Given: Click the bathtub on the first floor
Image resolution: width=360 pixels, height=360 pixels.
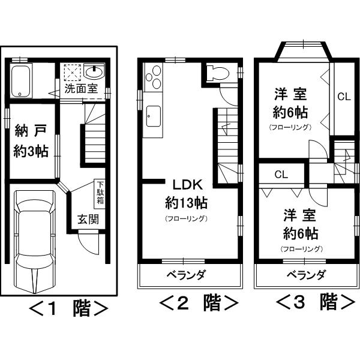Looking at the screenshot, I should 22,80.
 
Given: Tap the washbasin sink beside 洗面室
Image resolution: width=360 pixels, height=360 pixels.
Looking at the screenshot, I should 95,73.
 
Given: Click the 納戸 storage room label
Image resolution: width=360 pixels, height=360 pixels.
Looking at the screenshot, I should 31,131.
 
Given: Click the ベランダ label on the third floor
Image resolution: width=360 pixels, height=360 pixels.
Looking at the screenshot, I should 305,275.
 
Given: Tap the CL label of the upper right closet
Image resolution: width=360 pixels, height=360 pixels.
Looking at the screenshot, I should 343,96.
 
